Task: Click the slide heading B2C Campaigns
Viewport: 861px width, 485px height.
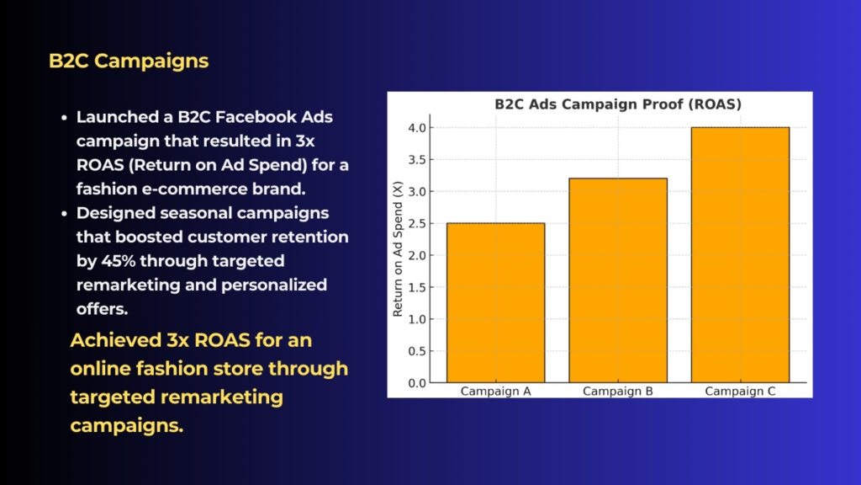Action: pyautogui.click(x=129, y=61)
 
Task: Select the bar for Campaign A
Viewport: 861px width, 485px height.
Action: pyautogui.click(x=496, y=302)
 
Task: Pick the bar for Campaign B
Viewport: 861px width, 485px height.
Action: pyautogui.click(x=618, y=280)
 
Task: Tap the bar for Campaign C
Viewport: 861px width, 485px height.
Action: pyautogui.click(x=740, y=254)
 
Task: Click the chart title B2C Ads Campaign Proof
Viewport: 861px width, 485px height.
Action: pyautogui.click(x=618, y=104)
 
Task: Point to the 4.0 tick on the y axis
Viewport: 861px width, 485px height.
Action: pyautogui.click(x=417, y=128)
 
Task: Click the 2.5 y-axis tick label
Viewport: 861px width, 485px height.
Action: pyautogui.click(x=417, y=224)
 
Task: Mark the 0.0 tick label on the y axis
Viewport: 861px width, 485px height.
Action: pyautogui.click(x=417, y=383)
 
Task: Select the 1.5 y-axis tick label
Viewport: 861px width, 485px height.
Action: pyautogui.click(x=417, y=288)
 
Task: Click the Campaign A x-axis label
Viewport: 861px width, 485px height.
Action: pyautogui.click(x=496, y=391)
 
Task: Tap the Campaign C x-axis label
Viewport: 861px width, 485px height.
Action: pyautogui.click(x=740, y=391)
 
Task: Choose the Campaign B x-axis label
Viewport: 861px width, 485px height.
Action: pyautogui.click(x=618, y=391)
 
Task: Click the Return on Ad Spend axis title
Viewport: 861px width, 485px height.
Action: pyautogui.click(x=398, y=248)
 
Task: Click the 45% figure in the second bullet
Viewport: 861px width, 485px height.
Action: pyautogui.click(x=118, y=261)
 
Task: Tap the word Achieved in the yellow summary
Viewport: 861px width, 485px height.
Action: pyautogui.click(x=115, y=340)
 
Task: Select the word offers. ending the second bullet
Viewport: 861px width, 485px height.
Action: pyautogui.click(x=102, y=309)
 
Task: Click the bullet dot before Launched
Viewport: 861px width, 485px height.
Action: pyautogui.click(x=64, y=118)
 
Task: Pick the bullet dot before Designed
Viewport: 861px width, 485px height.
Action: pyautogui.click(x=64, y=213)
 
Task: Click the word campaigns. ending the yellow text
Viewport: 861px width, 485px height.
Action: pyautogui.click(x=127, y=425)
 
